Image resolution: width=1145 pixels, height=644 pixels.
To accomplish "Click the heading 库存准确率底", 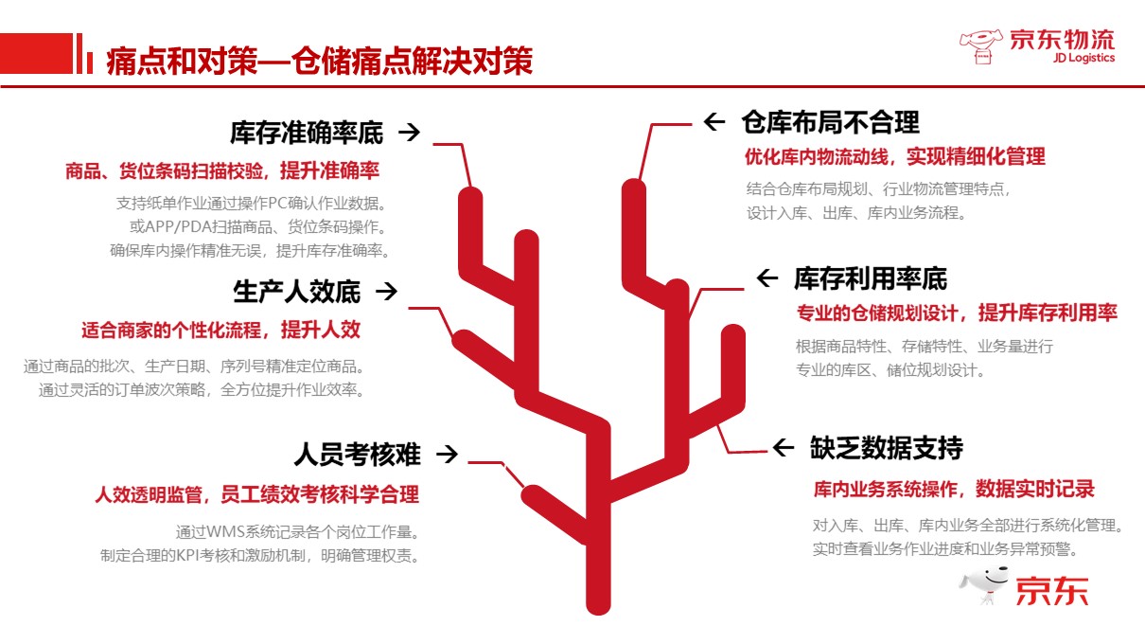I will point(307,133).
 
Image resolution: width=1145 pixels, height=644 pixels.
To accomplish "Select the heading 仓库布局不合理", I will point(830,122).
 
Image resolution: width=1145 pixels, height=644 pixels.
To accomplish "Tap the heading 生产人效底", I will point(297,292).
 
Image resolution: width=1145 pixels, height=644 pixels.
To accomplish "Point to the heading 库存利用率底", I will point(870,278).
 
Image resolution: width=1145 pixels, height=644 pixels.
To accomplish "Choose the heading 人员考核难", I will point(357,455).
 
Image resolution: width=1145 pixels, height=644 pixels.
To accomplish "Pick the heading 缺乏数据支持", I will point(886,448).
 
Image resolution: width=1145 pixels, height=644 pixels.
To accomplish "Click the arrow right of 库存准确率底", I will point(409,133).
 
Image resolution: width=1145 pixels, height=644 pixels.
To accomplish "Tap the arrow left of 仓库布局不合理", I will point(714,122).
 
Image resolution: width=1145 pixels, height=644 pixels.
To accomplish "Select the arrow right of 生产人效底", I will point(386,292).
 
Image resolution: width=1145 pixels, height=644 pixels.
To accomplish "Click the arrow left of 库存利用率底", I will point(766,278).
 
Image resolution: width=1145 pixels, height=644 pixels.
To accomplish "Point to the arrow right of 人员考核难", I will point(447,455).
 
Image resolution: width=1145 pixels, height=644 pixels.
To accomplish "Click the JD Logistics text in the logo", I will point(1083,58).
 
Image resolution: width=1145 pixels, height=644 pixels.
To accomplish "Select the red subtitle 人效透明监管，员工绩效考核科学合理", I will point(256,494).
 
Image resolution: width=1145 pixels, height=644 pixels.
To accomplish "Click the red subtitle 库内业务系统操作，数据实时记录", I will point(954,489).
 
